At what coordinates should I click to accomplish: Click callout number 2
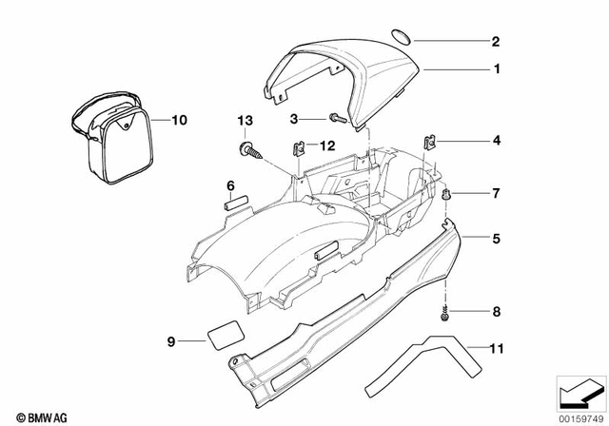point(495,41)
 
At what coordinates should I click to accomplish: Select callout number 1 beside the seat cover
point(495,69)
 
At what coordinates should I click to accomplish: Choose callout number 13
point(246,122)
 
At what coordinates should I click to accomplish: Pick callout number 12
point(327,145)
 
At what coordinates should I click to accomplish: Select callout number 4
point(495,141)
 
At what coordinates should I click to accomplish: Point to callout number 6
point(229,184)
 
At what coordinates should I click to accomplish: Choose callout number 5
point(495,239)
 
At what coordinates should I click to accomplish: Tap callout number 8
point(495,312)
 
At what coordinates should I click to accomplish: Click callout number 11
point(495,350)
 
